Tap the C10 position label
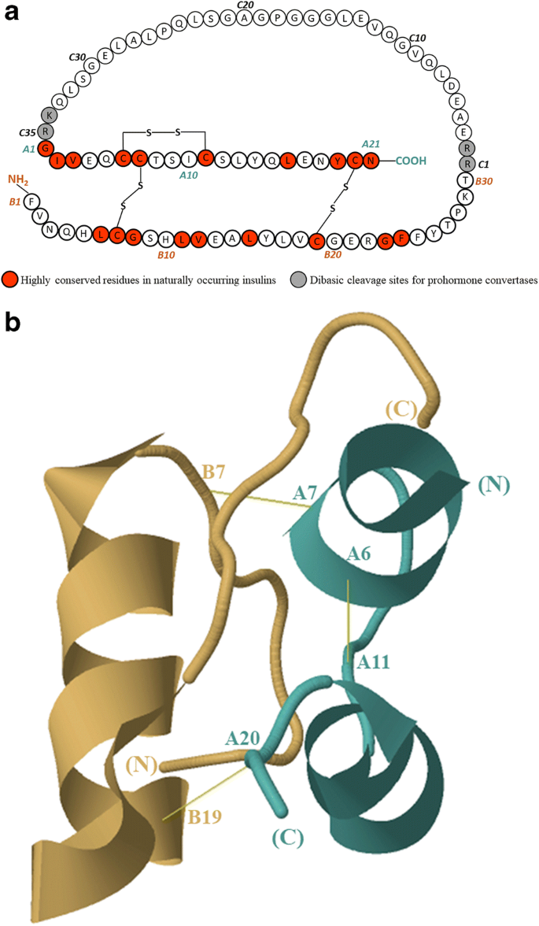click(418, 38)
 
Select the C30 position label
click(77, 57)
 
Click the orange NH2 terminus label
click(19, 180)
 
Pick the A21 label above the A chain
click(371, 143)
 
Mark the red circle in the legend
click(10, 280)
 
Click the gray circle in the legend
click(296, 280)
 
